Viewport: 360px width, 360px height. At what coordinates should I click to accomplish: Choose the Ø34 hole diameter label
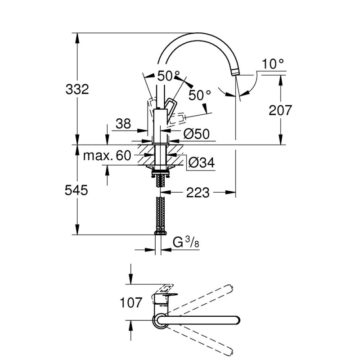200,163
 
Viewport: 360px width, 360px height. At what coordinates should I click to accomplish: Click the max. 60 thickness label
107,156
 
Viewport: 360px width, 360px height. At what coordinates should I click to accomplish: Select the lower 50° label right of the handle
200,95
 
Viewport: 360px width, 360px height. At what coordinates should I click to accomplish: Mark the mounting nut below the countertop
159,172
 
